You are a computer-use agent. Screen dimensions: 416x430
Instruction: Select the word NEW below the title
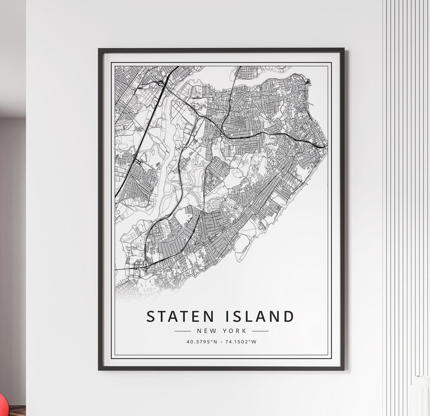point(206,331)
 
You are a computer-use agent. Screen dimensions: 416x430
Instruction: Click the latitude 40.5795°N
point(201,342)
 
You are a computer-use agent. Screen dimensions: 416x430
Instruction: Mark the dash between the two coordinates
point(220,342)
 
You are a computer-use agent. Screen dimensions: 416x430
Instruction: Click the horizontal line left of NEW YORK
point(183,331)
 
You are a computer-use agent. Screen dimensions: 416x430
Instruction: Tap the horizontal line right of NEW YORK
point(260,331)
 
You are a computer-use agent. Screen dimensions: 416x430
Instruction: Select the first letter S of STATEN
point(151,316)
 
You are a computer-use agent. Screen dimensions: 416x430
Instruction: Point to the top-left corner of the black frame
point(100,50)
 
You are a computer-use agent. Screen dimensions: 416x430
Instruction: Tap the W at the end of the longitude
point(254,342)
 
